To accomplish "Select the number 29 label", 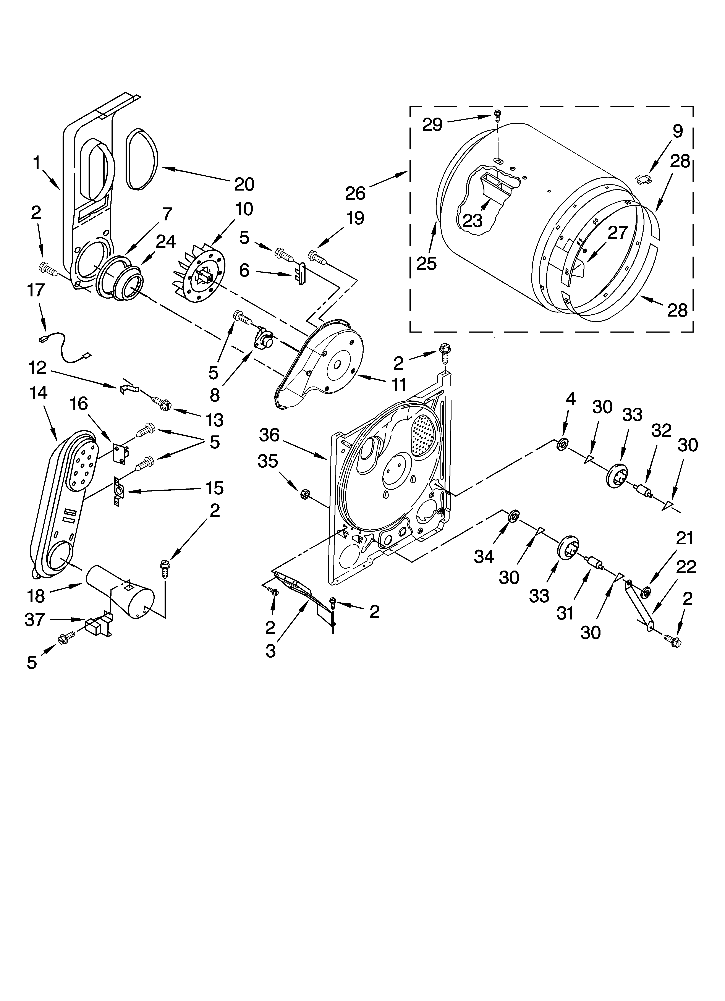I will point(432,125).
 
